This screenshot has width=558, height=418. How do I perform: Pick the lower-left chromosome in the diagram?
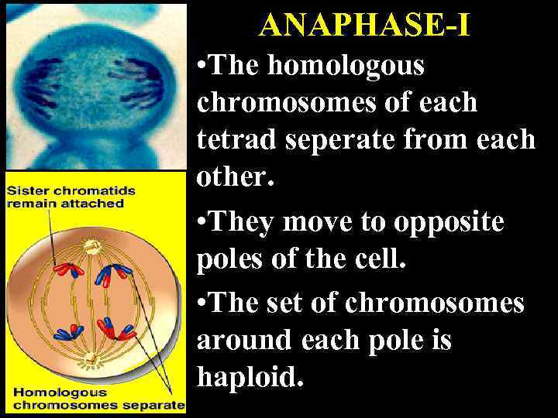click(x=66, y=331)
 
